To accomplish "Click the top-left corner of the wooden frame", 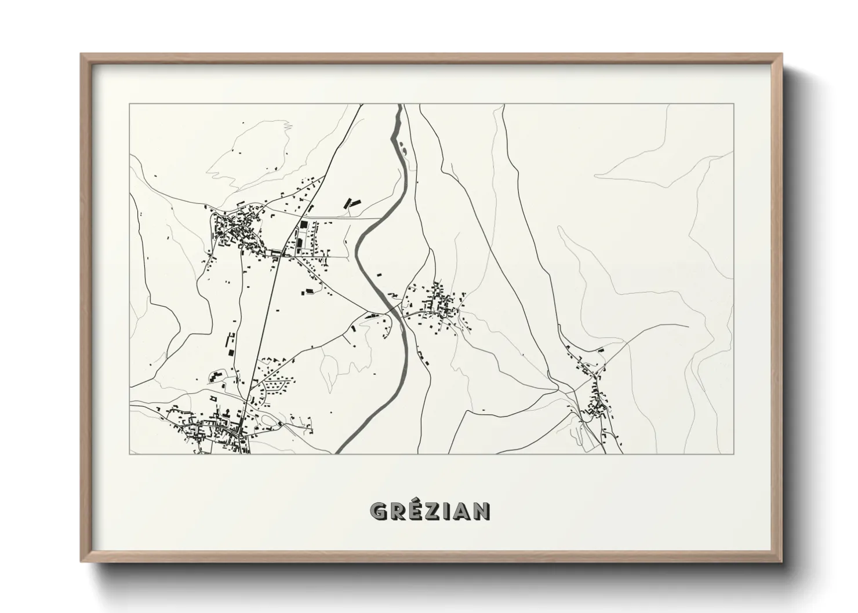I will coord(82,54).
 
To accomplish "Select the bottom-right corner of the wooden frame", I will coord(781,561).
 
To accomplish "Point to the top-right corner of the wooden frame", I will coord(781,54).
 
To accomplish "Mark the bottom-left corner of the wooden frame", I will coord(82,561).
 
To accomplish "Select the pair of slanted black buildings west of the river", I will coord(352,203).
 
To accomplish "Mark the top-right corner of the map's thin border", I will coord(733,104).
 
